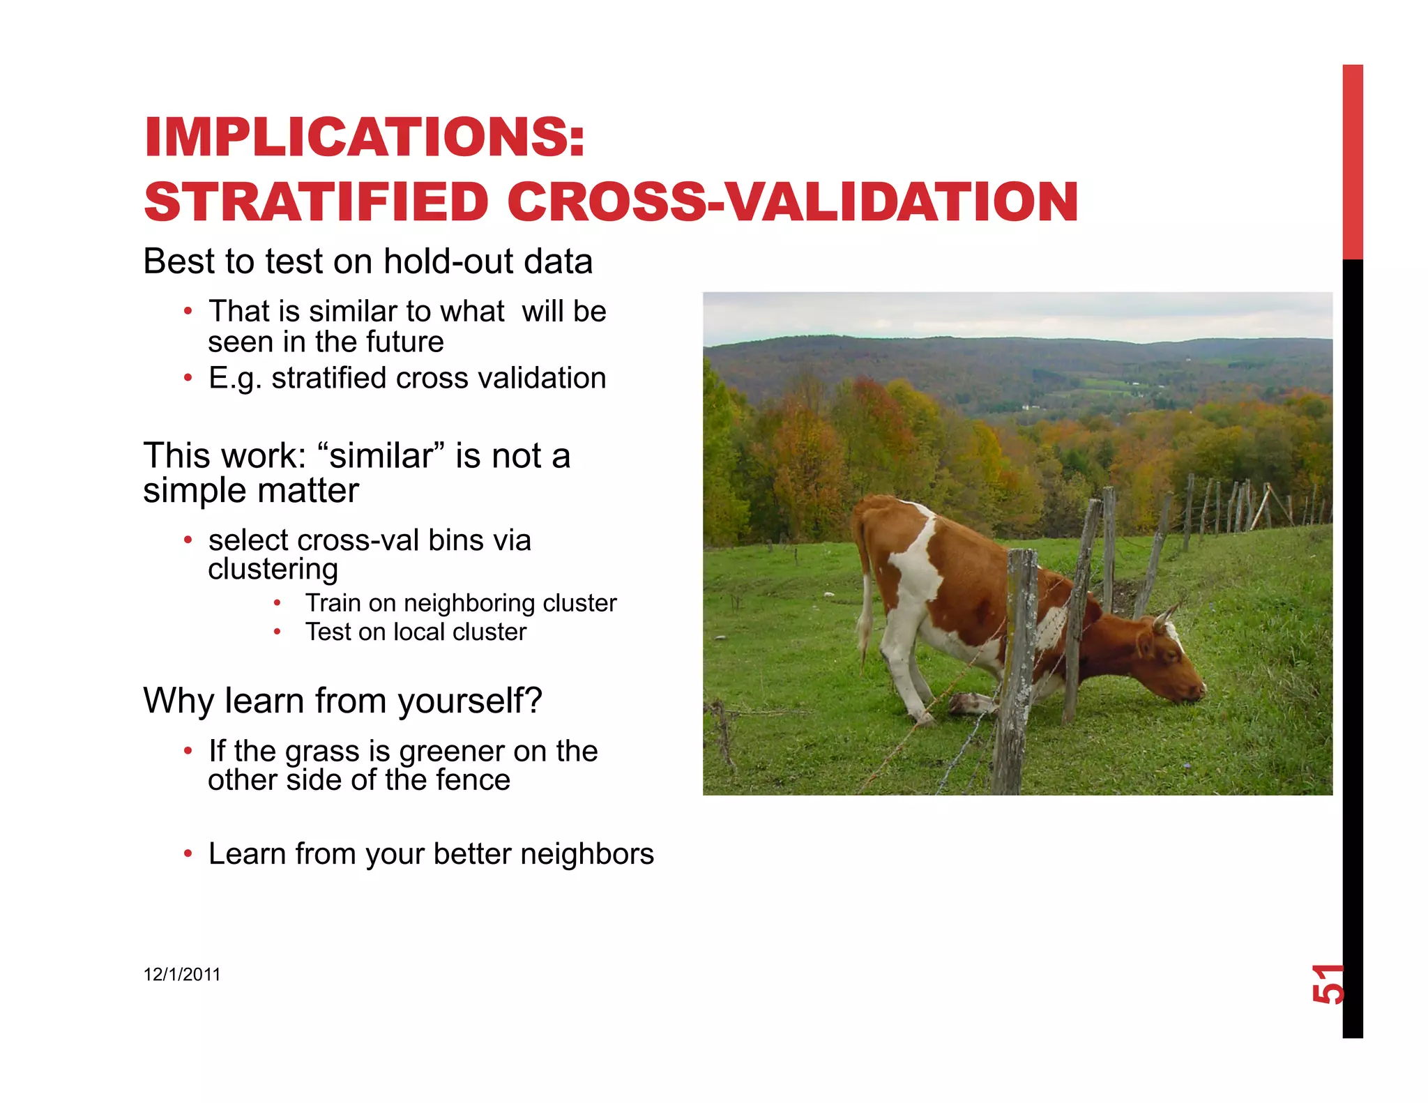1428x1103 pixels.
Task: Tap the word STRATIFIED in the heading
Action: (x=316, y=203)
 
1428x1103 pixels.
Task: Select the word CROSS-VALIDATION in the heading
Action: (x=793, y=203)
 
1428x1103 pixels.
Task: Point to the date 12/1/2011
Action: (x=181, y=975)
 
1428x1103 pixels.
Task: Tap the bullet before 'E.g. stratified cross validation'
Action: (x=188, y=379)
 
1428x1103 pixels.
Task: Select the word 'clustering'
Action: (x=273, y=570)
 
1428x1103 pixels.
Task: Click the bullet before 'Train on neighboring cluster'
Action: (x=277, y=603)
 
